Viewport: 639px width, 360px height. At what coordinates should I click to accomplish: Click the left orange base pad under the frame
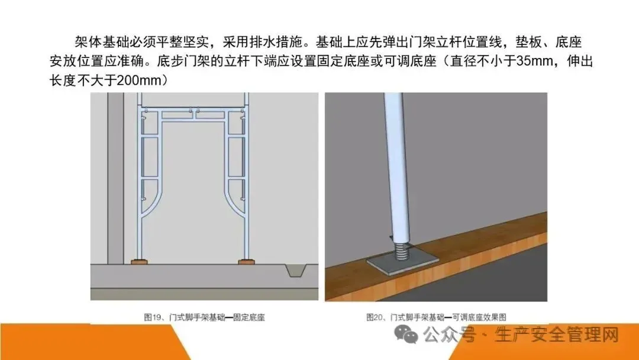tap(140, 261)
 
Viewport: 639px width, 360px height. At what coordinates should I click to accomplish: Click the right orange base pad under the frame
tap(246, 261)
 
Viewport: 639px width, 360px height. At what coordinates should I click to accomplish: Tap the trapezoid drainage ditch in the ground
tap(296, 271)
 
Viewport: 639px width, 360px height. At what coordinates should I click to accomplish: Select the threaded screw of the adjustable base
tap(401, 249)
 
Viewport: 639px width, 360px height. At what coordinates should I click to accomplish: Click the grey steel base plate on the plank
tap(403, 261)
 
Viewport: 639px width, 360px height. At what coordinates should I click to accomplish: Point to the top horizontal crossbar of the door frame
tap(193, 110)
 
